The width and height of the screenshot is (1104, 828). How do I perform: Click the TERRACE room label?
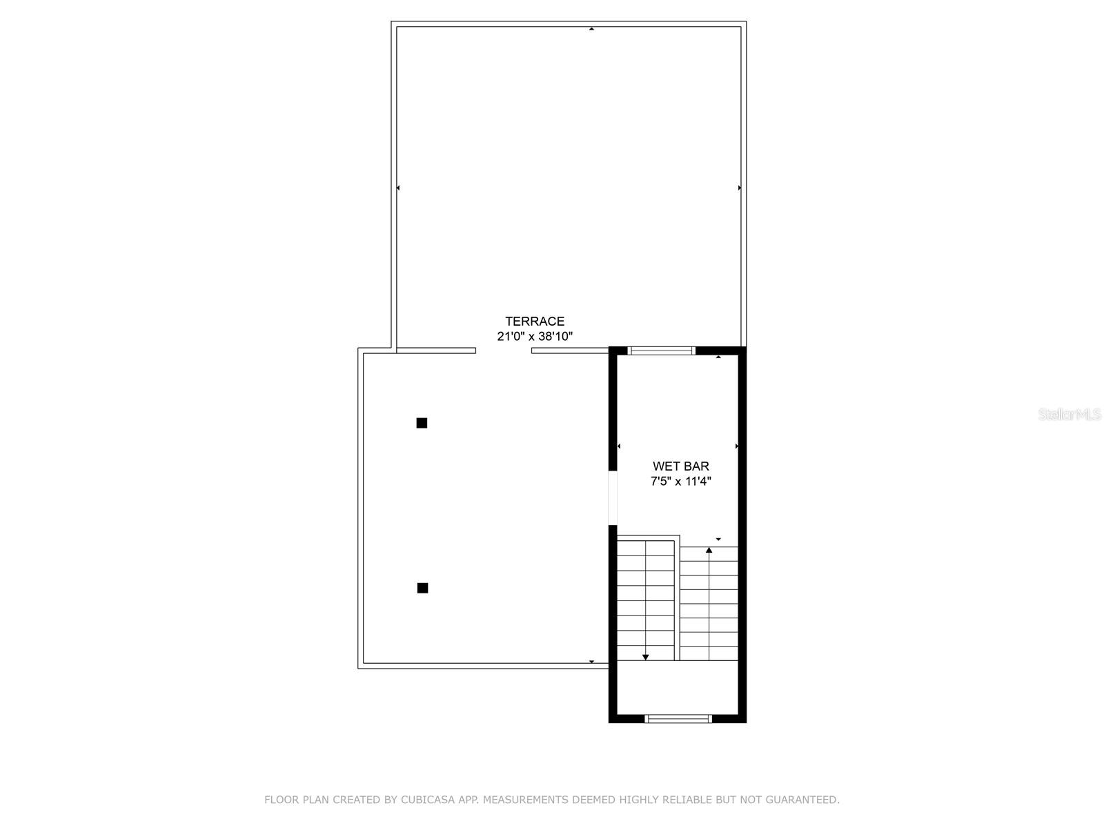pos(535,321)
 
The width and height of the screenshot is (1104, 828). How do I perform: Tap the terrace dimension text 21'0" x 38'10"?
pos(535,337)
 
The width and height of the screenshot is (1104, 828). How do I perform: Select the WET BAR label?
pos(681,466)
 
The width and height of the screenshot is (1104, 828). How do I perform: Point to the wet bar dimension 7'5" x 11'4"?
pos(681,482)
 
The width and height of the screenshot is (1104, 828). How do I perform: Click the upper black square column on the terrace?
pos(422,423)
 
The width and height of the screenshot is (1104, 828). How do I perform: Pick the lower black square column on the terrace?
pos(422,588)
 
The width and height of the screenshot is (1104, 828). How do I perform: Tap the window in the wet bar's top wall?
pos(662,351)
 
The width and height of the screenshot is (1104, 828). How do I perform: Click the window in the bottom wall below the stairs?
pos(678,718)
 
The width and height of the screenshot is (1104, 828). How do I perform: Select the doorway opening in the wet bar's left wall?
pos(612,497)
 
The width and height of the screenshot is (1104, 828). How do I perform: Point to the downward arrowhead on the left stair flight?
pos(646,658)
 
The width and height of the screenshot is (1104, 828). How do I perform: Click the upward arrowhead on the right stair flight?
pos(709,550)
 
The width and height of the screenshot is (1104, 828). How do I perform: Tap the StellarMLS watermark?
pos(1069,415)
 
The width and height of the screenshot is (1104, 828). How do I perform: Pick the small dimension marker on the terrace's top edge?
pos(591,29)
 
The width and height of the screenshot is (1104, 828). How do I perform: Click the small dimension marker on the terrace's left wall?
pos(398,188)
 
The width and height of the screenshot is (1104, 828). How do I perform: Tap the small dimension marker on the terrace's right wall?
pos(740,188)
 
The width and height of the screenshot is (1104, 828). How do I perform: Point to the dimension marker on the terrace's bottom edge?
pos(591,662)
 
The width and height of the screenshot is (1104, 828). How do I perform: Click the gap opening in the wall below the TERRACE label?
pos(504,351)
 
